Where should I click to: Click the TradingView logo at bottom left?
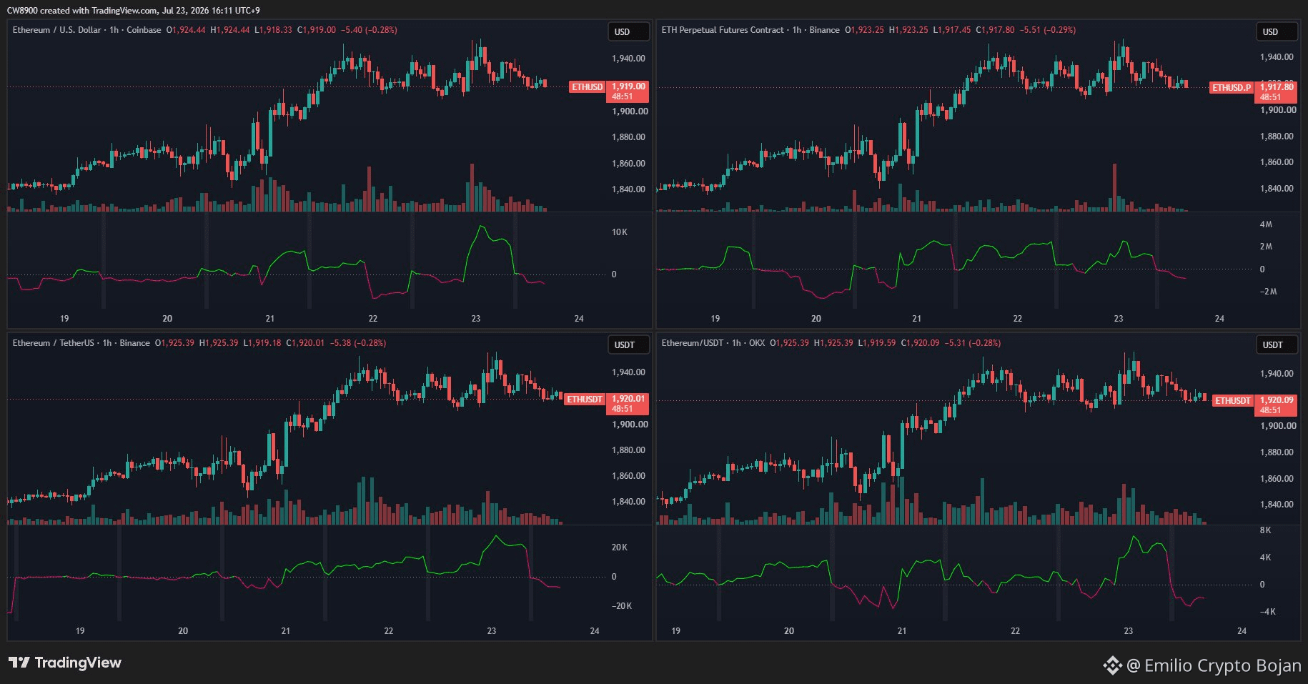coord(65,663)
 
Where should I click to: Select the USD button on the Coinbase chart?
coord(622,32)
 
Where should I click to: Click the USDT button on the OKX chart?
coord(1272,345)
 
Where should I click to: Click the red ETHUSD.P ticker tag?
coord(1232,88)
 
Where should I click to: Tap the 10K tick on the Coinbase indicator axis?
coord(619,232)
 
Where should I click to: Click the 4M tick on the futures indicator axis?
coord(1266,224)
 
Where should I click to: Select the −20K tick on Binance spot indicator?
coord(621,606)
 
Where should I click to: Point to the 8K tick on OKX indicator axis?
coord(1265,530)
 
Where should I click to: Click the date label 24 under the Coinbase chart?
coord(579,319)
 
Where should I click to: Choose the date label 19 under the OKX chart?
coord(676,631)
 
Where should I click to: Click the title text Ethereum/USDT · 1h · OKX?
coord(713,343)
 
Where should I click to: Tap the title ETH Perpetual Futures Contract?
coord(723,30)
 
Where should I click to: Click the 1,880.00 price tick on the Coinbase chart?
coord(628,137)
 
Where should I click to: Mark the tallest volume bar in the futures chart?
coord(1114,187)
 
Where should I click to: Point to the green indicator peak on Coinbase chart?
coord(481,227)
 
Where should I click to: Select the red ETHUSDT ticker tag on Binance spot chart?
coord(585,399)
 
